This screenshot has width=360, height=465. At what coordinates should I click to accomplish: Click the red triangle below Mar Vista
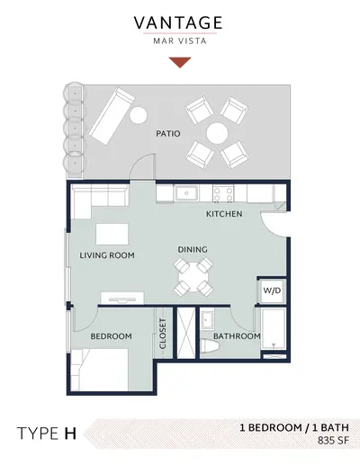[180, 62]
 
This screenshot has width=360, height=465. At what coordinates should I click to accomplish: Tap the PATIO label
[168, 133]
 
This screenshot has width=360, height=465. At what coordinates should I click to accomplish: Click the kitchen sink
[186, 193]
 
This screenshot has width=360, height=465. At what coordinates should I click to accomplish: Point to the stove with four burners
[223, 193]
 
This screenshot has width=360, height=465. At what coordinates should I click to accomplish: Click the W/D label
[272, 291]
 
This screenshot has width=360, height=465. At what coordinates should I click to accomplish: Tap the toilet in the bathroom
[211, 346]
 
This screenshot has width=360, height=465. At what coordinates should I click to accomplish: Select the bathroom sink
[207, 319]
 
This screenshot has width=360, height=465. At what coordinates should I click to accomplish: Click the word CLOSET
[163, 334]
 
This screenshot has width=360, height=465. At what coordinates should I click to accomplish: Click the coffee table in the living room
[112, 234]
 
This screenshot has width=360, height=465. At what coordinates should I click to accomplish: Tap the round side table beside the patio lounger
[139, 115]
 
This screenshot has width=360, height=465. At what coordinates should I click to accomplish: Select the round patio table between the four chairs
[217, 133]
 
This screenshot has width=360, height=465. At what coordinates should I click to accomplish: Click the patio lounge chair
[112, 116]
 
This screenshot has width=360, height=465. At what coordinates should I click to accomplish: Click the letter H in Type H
[70, 434]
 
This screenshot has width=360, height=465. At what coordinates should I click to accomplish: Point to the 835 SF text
[333, 441]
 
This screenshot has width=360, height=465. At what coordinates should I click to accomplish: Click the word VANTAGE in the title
[178, 23]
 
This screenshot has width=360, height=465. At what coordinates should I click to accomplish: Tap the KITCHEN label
[224, 214]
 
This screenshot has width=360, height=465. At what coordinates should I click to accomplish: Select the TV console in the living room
[122, 298]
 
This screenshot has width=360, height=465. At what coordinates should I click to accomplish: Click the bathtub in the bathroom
[274, 328]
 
